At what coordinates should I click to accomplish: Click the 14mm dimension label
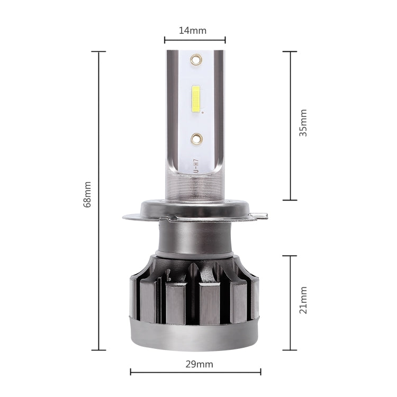point(192,30)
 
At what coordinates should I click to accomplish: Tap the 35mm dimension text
point(303,123)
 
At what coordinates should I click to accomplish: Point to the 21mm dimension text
point(303,300)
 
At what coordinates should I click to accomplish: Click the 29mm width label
point(195,364)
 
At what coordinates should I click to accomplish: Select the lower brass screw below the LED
point(196,139)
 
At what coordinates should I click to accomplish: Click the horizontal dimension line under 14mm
point(195,40)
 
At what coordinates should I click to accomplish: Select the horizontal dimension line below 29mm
point(195,373)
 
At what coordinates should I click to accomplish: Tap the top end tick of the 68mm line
point(98,51)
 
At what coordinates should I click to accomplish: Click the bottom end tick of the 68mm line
point(98,350)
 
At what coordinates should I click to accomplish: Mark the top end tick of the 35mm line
point(290,51)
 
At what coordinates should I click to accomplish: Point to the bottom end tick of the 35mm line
point(290,200)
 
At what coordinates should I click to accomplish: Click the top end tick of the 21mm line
point(290,256)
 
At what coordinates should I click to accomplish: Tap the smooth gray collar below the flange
point(195,236)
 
